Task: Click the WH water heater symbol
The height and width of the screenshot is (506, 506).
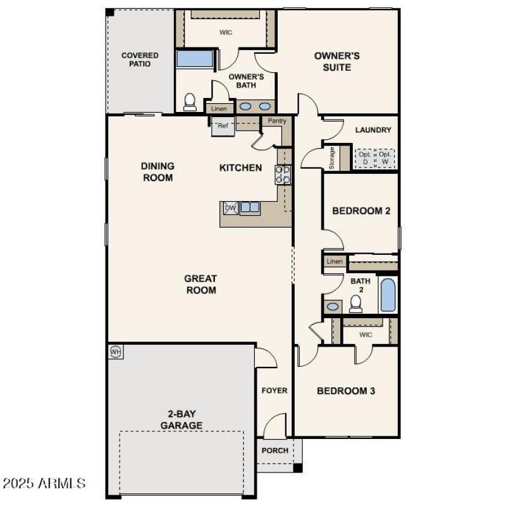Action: pyautogui.click(x=116, y=351)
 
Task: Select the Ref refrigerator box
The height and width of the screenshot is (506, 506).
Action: pyautogui.click(x=222, y=125)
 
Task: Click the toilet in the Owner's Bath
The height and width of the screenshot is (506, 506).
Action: pyautogui.click(x=190, y=102)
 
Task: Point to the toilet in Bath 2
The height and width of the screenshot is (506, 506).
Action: pyautogui.click(x=355, y=304)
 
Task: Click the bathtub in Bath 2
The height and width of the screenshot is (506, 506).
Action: pyautogui.click(x=388, y=295)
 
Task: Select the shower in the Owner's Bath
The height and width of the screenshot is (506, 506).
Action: pyautogui.click(x=194, y=59)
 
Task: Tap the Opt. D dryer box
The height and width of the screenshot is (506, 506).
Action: pyautogui.click(x=364, y=157)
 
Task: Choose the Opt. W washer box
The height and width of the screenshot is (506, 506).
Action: pyautogui.click(x=385, y=157)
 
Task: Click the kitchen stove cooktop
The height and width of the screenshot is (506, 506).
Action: pyautogui.click(x=283, y=174)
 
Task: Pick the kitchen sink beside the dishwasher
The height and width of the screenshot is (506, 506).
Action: pyautogui.click(x=250, y=207)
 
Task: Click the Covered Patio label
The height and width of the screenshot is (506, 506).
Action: pyautogui.click(x=140, y=59)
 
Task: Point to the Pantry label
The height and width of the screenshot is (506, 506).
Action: pyautogui.click(x=277, y=121)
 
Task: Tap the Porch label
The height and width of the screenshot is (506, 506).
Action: pyautogui.click(x=275, y=450)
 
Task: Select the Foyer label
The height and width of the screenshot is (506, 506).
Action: pyautogui.click(x=275, y=390)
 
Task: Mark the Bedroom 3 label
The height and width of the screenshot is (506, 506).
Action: pyautogui.click(x=346, y=391)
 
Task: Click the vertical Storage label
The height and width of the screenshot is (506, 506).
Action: pyautogui.click(x=331, y=157)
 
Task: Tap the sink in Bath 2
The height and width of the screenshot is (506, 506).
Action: pyautogui.click(x=333, y=307)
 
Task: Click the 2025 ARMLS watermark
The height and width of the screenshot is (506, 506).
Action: pyautogui.click(x=44, y=484)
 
